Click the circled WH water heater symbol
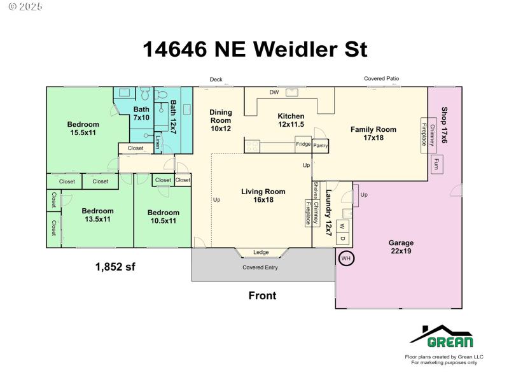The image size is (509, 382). [x=346, y=258]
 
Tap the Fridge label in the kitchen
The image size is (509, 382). [x=303, y=144]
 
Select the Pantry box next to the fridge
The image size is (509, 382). [x=321, y=146]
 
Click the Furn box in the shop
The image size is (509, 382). [x=437, y=164]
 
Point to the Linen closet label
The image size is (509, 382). [x=158, y=142]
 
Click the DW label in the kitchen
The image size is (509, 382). [x=274, y=92]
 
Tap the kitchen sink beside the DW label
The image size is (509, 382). [x=292, y=92]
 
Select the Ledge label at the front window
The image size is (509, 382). [x=261, y=252]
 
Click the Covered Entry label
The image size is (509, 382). [x=260, y=267]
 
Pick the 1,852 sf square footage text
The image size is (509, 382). [x=115, y=267]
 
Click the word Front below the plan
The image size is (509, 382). [x=262, y=295]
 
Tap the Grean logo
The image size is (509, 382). [x=442, y=337]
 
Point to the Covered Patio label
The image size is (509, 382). [x=381, y=78]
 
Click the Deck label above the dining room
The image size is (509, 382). [x=216, y=79]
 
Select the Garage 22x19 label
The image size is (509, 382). [x=401, y=247]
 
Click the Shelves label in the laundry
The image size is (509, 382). [x=316, y=190]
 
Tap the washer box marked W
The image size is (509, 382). [x=342, y=227]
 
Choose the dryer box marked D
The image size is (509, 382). [x=342, y=238]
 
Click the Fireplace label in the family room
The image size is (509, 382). [x=424, y=134]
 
